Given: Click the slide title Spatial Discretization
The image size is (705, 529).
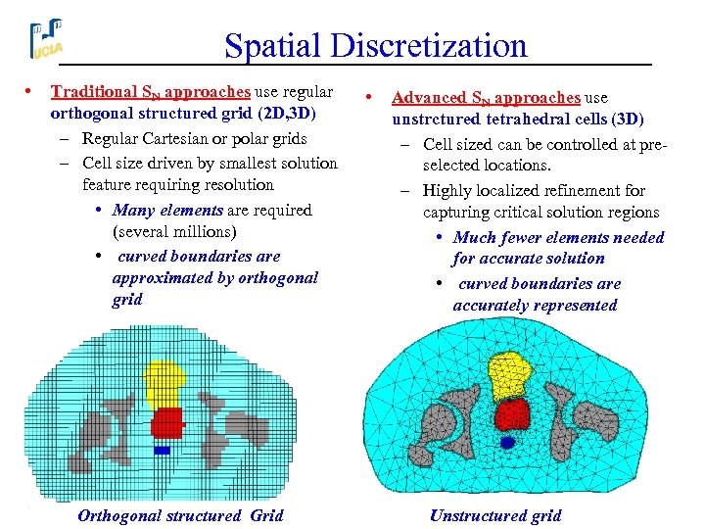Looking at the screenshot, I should tap(375, 45).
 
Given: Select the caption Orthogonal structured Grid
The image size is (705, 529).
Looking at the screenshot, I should tap(180, 515).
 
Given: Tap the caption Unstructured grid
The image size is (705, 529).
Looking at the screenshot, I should tap(495, 515).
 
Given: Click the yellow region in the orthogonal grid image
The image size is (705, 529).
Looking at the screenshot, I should tap(165, 379).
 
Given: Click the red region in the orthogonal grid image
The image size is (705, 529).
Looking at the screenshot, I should tap(167, 422).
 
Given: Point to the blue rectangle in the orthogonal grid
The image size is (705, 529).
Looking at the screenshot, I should tap(162, 451).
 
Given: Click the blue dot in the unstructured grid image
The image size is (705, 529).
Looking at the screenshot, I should tap(507, 443).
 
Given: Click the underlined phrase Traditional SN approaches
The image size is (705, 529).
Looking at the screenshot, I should tap(151, 92).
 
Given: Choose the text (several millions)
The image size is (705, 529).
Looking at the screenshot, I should tap(174, 232).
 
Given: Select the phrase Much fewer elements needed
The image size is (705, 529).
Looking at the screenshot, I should tap(558, 237).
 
